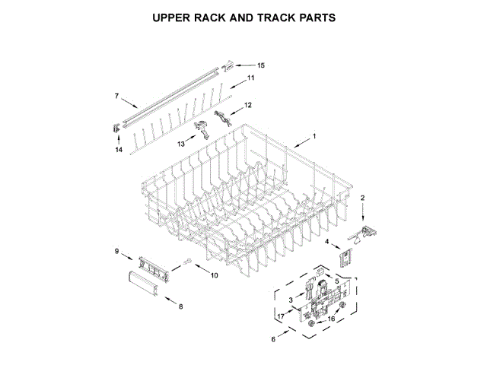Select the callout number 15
coord(260,65)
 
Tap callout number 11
coord(250,79)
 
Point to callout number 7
coord(116,96)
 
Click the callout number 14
coord(119,150)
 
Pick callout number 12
coord(247,105)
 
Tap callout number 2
coord(362,198)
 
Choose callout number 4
coord(328,242)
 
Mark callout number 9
coord(117,251)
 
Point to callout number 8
coord(180,306)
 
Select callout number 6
coord(274,340)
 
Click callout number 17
coord(280,316)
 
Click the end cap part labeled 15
coord(226,66)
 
